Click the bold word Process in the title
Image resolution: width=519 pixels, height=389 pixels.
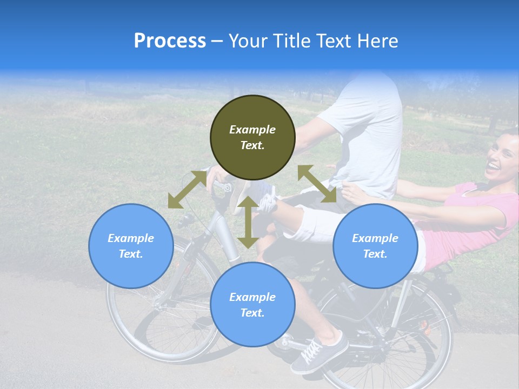[x=170, y=41]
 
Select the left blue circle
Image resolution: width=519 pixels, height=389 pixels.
[x=131, y=246]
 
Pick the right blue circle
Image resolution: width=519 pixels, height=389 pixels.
[x=375, y=246]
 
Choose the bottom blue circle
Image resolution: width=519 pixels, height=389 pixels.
[x=252, y=305]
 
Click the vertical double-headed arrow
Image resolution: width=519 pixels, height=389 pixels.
[x=248, y=222]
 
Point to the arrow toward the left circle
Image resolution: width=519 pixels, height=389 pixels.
[x=187, y=190]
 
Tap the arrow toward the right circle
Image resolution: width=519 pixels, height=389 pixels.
[x=317, y=184]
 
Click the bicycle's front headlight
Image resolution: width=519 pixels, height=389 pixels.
[x=186, y=220]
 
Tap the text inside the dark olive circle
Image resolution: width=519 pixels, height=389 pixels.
[x=252, y=137]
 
